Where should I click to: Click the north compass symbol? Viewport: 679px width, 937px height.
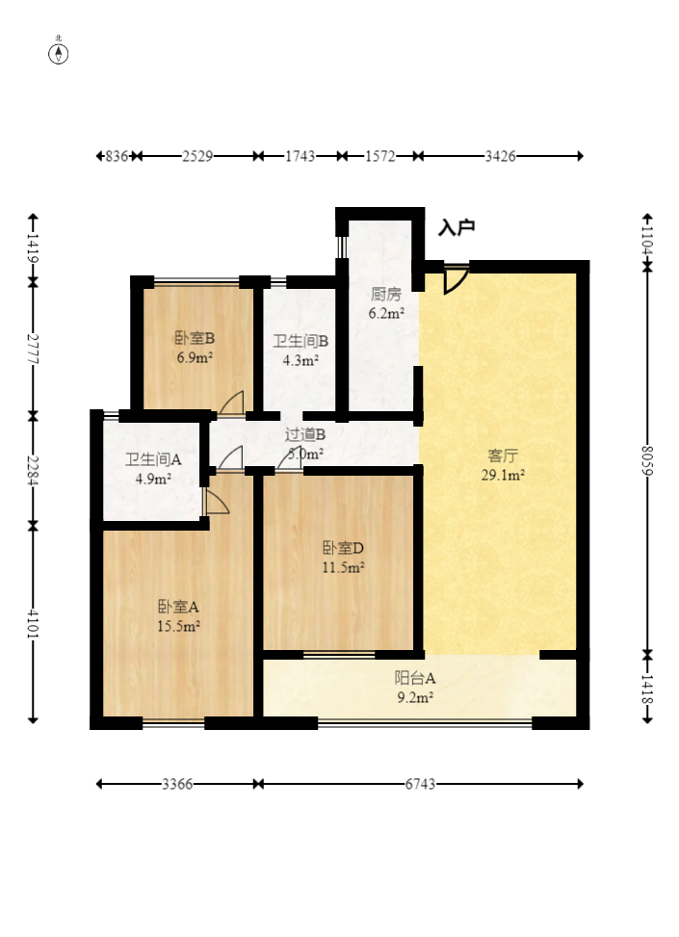tap(59, 54)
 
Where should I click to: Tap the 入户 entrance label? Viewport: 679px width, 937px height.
tap(457, 227)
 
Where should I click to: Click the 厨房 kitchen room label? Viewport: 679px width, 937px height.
tap(386, 294)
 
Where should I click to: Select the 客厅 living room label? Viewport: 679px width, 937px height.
tap(503, 455)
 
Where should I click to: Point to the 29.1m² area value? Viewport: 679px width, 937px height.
tap(504, 475)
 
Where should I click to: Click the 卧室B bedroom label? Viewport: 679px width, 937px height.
tap(195, 338)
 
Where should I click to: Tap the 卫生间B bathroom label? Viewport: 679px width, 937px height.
tap(300, 341)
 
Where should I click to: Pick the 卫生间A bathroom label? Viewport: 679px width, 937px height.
tap(153, 459)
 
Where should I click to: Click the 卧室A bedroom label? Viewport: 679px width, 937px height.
tap(178, 607)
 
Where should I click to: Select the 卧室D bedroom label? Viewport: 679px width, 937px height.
tap(343, 548)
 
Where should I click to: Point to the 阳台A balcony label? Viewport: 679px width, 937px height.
tap(415, 678)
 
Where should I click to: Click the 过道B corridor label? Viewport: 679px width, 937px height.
tap(305, 434)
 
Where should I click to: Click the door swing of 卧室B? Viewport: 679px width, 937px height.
tap(232, 403)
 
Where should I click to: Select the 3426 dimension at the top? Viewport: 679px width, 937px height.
tap(500, 156)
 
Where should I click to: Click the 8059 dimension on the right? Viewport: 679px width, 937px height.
tap(647, 460)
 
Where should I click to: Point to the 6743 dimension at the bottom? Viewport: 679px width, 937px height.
tap(420, 784)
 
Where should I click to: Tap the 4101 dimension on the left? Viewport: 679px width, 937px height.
tap(33, 623)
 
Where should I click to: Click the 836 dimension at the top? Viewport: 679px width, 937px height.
tap(118, 156)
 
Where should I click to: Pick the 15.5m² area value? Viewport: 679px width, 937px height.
tap(178, 626)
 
